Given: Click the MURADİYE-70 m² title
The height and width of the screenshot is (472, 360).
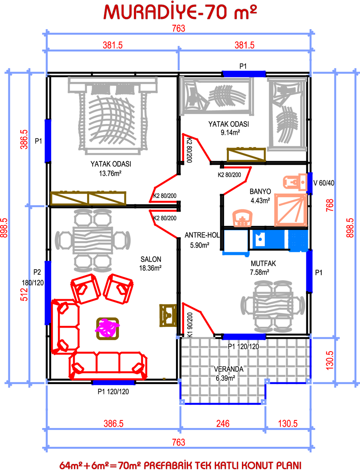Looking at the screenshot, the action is click(180, 12).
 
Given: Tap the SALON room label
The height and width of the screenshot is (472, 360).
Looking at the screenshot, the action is click(151, 259).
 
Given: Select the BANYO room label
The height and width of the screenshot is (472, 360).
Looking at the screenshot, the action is click(260, 192).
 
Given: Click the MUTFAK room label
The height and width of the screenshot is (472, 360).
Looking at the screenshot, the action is click(263, 263).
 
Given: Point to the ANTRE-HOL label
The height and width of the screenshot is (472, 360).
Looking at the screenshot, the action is click(202, 235).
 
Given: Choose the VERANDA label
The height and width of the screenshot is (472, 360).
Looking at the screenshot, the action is click(228, 369).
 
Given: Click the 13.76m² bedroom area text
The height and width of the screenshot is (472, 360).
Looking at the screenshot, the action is click(110, 173).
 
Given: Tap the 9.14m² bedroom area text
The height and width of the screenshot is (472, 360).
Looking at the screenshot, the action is click(230, 132).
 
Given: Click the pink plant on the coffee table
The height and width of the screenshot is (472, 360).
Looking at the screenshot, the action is click(107, 328).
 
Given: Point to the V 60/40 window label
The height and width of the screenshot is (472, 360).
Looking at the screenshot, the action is click(324, 183).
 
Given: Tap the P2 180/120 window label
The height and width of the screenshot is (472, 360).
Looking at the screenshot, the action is click(33, 277).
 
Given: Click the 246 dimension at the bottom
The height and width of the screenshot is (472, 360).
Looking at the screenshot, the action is click(223, 424).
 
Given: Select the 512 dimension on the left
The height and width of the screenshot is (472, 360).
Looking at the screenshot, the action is click(24, 294).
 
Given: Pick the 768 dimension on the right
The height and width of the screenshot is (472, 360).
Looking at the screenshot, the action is click(330, 205).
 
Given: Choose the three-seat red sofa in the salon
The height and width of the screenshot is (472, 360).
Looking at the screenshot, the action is click(108, 366).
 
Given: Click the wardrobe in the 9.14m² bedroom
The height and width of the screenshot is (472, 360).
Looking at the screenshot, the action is click(246, 155).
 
